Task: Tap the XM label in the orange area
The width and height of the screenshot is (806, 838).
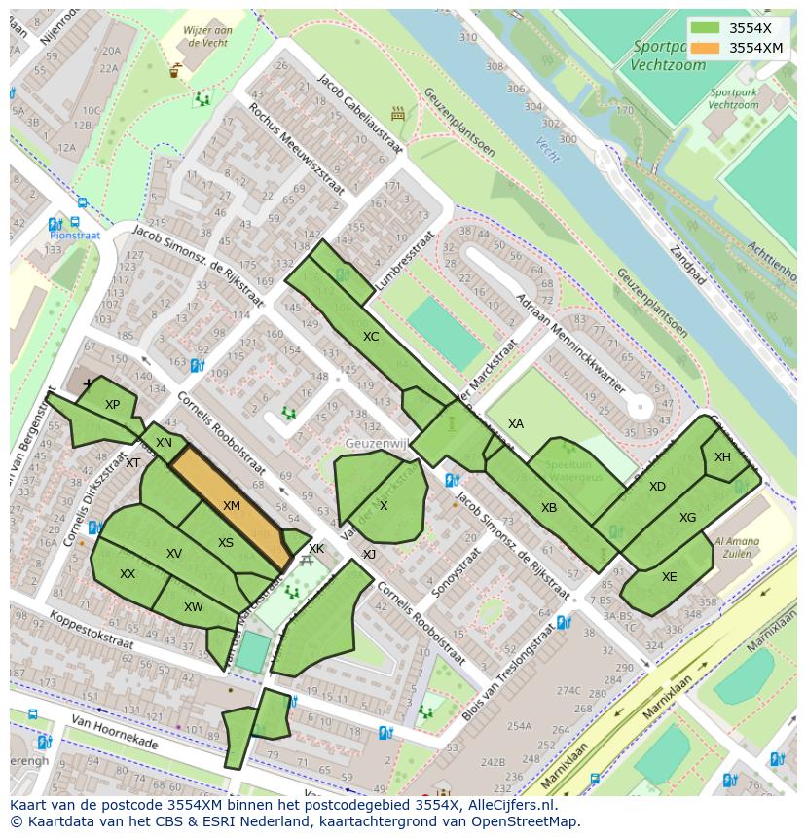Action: coord(231,506)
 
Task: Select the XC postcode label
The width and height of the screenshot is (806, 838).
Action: coord(371,337)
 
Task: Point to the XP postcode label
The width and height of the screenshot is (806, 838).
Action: coord(112,405)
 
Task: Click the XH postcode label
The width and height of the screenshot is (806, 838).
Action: coord(722,457)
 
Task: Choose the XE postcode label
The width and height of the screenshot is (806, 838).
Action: coord(669,577)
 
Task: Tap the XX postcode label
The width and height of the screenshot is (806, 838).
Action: coord(128,574)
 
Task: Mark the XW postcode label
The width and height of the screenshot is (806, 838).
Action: coord(193,607)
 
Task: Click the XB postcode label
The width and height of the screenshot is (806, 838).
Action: coord(549,508)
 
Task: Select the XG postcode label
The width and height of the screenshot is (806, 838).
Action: coord(687,518)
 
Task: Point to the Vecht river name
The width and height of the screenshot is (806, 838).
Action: coord(548,147)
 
